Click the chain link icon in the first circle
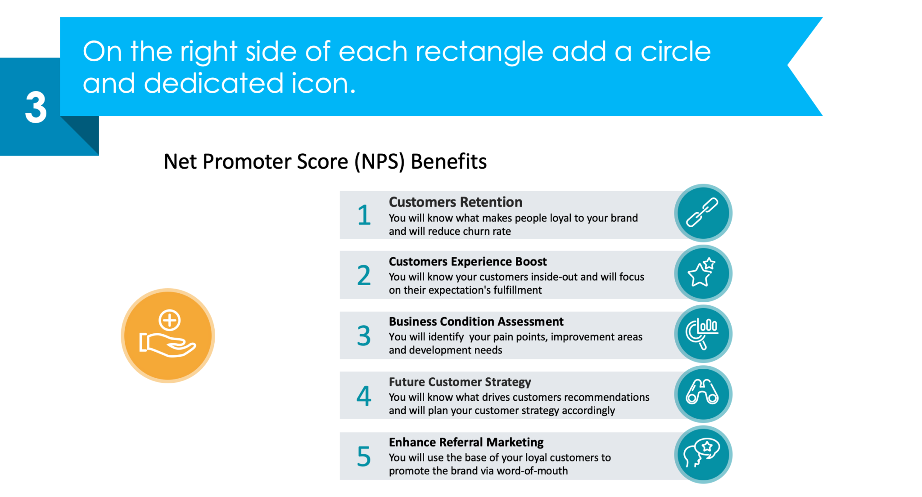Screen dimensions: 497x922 click(x=702, y=213)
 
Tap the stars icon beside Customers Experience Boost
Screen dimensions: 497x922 click(x=702, y=273)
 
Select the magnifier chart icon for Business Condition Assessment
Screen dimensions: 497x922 click(x=702, y=333)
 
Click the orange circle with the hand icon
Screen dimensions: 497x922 click(x=167, y=336)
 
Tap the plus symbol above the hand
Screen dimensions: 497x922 click(x=170, y=321)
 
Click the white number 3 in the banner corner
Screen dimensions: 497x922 click(x=36, y=107)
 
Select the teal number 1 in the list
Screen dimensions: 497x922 click(x=364, y=215)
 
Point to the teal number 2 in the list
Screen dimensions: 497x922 click(x=364, y=275)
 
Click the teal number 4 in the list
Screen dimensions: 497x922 click(x=364, y=396)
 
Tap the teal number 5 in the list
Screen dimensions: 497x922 click(x=364, y=457)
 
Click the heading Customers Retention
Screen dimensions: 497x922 click(x=455, y=202)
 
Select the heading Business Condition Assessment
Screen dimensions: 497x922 click(x=476, y=322)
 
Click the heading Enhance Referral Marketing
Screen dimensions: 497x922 click(x=466, y=442)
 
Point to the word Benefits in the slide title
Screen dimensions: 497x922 click(x=448, y=161)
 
